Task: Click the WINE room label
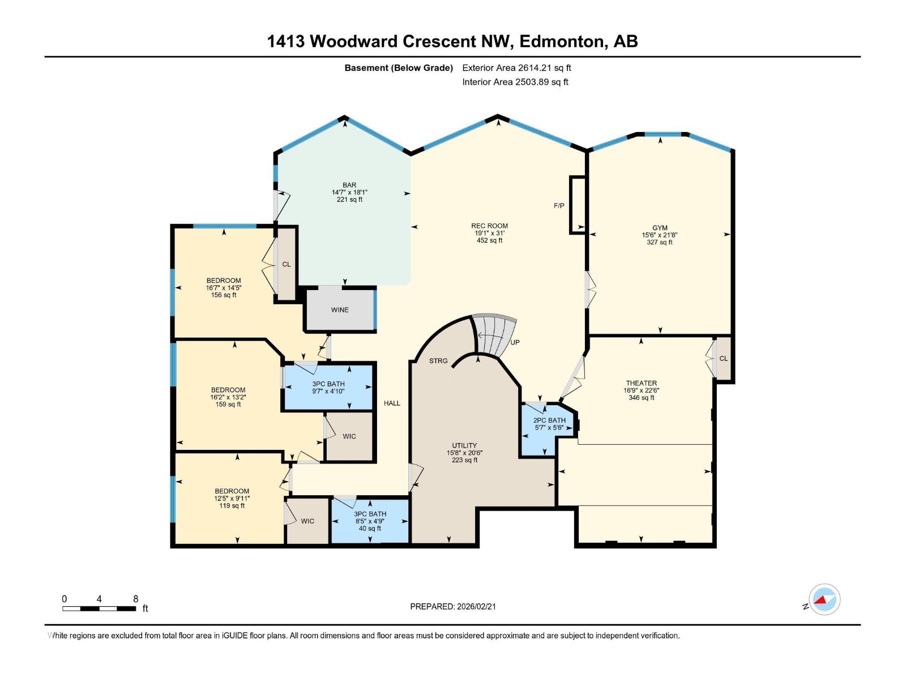click(340, 310)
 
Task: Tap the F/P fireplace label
click(559, 206)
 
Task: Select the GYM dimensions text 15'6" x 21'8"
click(660, 235)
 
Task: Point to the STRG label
click(438, 361)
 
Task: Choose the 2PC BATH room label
click(549, 420)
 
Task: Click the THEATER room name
click(641, 383)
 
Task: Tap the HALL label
click(392, 403)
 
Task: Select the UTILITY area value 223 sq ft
click(464, 460)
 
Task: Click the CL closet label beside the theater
click(723, 359)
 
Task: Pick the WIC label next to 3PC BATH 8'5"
click(307, 521)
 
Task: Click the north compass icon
click(824, 600)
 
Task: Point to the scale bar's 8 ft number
click(135, 599)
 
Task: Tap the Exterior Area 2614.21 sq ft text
click(516, 68)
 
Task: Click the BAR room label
click(349, 185)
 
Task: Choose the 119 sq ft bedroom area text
click(232, 506)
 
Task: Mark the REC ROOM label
click(489, 226)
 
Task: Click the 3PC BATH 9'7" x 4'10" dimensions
click(328, 391)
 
